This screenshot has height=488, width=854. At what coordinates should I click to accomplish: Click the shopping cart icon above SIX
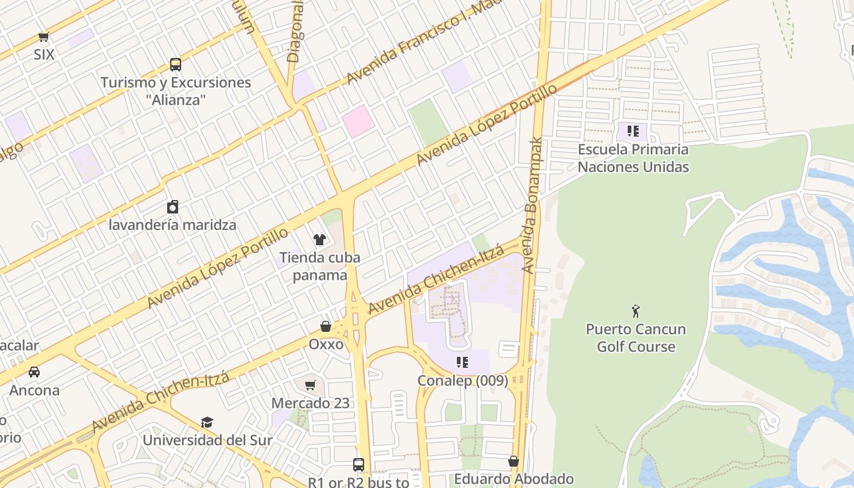(x=43, y=37)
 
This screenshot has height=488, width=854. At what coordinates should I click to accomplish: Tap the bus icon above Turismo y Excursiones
(x=175, y=64)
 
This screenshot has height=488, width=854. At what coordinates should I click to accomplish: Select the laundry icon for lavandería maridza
(x=173, y=207)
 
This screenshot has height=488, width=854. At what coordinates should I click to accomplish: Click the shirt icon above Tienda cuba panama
(x=319, y=239)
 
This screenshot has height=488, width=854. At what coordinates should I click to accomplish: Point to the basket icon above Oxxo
(x=326, y=326)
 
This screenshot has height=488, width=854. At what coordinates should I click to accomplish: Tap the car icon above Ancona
(x=34, y=371)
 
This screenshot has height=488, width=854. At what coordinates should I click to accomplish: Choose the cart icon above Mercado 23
(x=310, y=385)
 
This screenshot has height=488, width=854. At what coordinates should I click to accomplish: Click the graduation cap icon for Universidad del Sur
(x=207, y=422)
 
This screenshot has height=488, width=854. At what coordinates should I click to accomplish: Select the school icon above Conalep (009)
(x=462, y=362)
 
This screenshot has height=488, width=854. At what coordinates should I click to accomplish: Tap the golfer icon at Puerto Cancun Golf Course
(x=636, y=311)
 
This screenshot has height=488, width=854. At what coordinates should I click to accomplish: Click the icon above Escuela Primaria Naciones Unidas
(x=633, y=131)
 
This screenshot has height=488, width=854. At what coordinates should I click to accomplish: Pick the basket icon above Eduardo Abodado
(x=514, y=461)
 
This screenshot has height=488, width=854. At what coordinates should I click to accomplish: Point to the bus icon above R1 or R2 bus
(x=359, y=465)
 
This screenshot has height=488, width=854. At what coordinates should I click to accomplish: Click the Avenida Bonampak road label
(x=532, y=204)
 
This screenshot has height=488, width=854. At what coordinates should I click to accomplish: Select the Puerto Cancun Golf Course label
(x=636, y=338)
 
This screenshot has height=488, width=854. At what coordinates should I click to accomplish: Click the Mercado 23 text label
(x=310, y=403)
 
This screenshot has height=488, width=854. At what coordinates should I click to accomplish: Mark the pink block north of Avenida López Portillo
(x=357, y=121)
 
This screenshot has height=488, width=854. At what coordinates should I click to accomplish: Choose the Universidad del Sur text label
(x=207, y=440)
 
